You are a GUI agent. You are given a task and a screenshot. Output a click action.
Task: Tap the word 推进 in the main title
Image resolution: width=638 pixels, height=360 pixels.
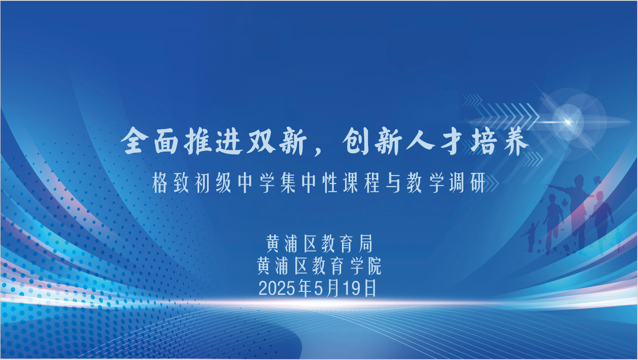tap(214, 141)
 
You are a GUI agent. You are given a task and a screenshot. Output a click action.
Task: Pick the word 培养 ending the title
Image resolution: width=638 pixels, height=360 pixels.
tap(499, 141)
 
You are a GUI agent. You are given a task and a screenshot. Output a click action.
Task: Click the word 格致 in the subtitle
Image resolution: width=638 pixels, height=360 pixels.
tap(170, 183)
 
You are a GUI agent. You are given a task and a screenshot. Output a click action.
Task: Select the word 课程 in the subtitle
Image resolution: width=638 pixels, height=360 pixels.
tap(361, 183)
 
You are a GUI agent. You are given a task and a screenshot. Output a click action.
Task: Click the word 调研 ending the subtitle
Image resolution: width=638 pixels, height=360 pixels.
tap(467, 183)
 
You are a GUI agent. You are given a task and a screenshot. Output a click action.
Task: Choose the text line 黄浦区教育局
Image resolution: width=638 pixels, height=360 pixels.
tap(319, 244)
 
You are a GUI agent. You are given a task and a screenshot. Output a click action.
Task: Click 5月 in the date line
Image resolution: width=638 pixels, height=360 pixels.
tap(326, 288)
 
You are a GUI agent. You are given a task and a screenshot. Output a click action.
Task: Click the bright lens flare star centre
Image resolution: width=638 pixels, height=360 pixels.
tap(568, 122)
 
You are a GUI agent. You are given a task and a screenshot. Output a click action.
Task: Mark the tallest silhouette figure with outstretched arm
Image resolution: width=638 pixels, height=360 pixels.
tap(574, 211)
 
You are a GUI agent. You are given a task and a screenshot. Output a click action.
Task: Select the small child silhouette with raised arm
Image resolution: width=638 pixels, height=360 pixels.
tap(530, 237)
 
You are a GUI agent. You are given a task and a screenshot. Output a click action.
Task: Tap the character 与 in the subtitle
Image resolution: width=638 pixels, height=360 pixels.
tap(393, 183)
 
